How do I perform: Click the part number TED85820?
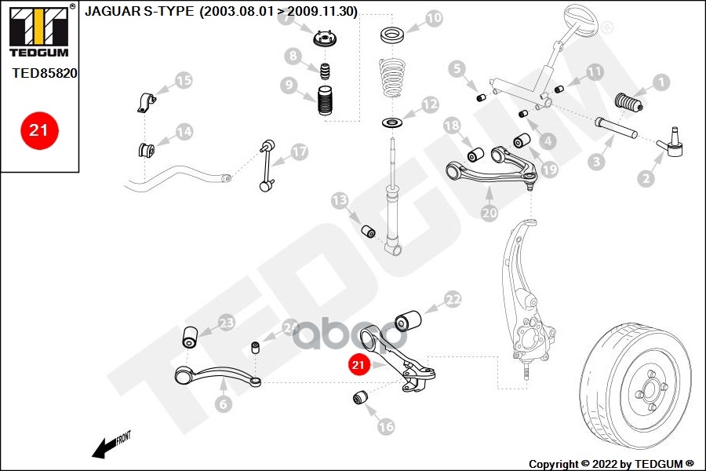(44, 73)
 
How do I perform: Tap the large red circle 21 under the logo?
(38, 130)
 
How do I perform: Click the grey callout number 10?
(434, 17)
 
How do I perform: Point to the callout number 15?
(183, 80)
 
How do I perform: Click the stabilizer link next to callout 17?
(267, 166)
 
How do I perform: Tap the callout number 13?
(339, 201)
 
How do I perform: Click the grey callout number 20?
(489, 213)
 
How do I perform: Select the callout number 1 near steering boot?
(660, 82)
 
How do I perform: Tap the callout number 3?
(597, 162)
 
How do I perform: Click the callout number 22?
(453, 299)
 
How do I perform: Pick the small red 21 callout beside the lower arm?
(358, 365)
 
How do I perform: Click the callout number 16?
(385, 427)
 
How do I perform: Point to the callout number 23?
(226, 322)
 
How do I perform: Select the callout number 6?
(224, 404)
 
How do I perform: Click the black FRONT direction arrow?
(104, 448)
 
